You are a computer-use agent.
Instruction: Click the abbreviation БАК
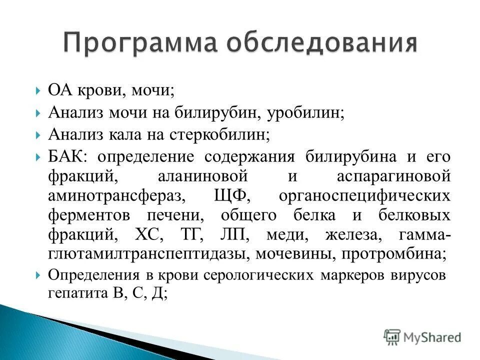pos(67,156)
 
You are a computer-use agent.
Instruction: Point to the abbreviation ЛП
pos(233,235)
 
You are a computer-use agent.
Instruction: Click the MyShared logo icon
pos(392,336)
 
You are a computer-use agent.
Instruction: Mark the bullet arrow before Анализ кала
pos(39,135)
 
